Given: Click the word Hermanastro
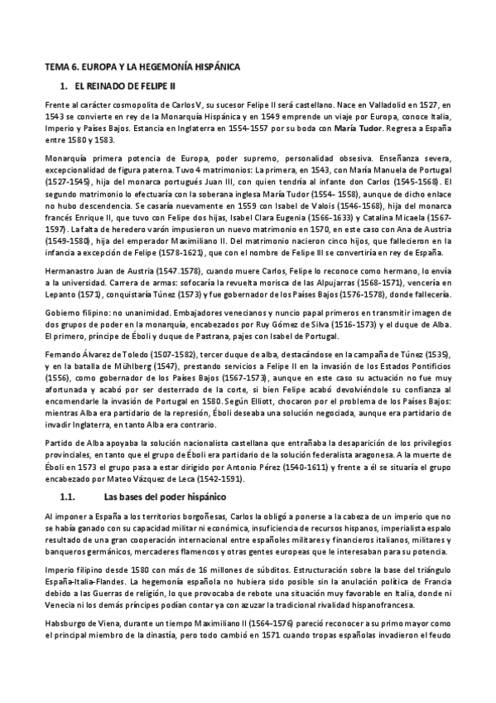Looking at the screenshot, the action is coord(71,270).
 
